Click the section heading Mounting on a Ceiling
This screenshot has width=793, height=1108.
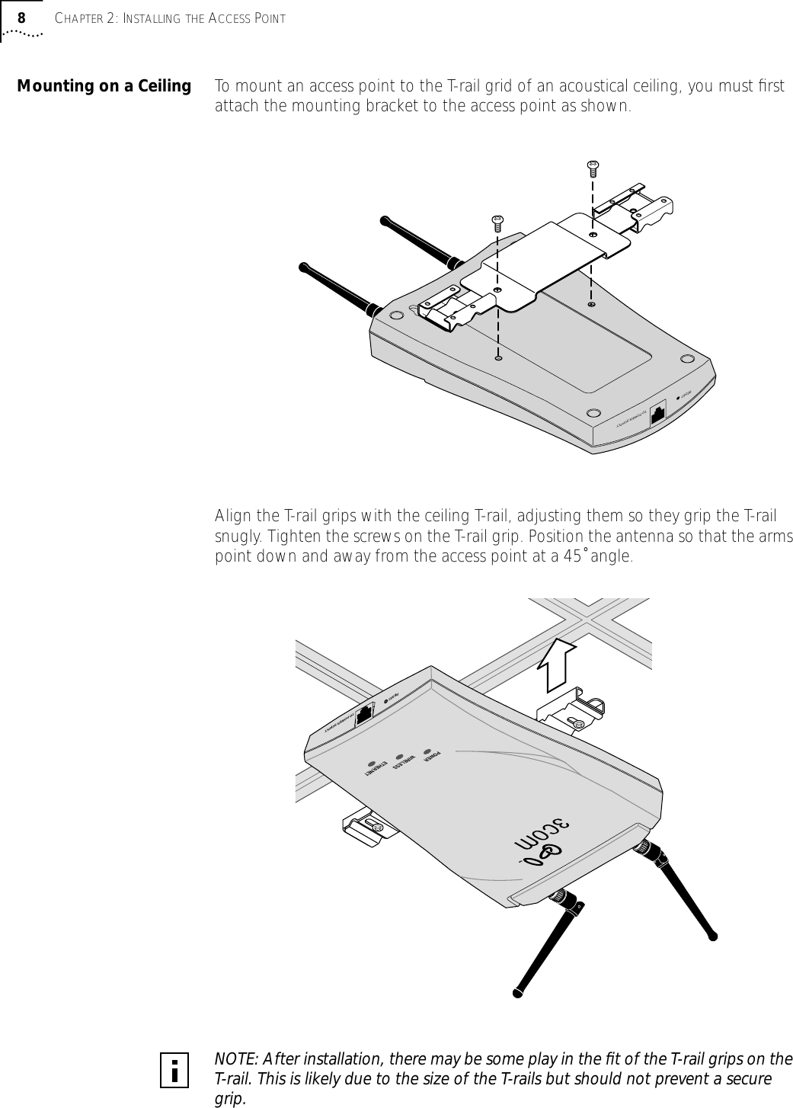coord(104,86)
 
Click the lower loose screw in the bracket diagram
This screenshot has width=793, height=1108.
coord(497,223)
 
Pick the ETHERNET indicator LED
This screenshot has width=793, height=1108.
coord(371,763)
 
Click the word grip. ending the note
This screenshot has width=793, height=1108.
coord(231,1099)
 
